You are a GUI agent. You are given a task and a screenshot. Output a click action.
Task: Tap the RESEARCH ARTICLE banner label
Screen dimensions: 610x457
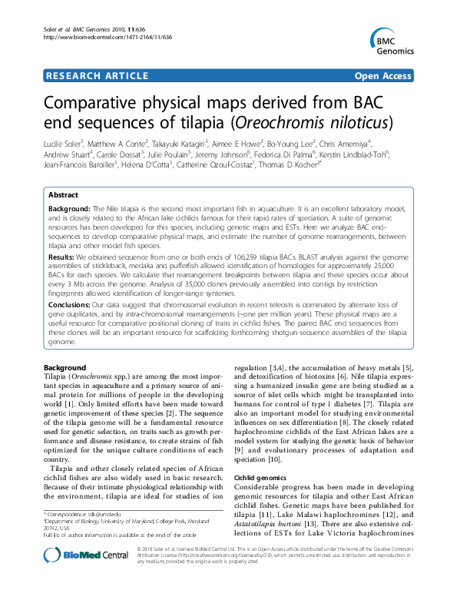[x=98, y=75]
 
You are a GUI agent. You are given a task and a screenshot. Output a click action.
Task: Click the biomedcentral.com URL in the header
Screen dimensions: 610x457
[x=108, y=36]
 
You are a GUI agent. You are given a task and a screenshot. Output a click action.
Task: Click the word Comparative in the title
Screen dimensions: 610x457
[x=109, y=101]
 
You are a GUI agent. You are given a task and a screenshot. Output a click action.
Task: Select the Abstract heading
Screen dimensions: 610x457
[x=63, y=195]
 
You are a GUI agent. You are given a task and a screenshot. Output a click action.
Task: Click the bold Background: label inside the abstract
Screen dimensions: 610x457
[x=69, y=209]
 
